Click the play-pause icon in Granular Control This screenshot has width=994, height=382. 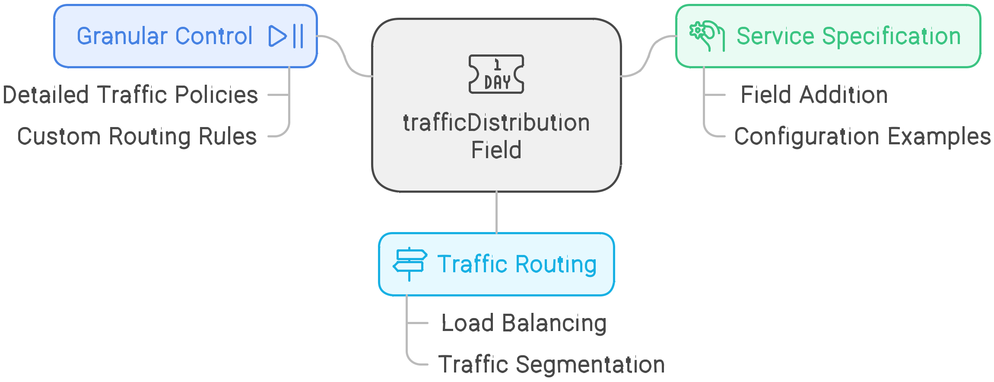point(286,36)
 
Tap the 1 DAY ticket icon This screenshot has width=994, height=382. point(496,74)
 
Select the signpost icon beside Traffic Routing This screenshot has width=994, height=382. point(410,264)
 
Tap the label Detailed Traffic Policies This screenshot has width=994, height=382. point(130,95)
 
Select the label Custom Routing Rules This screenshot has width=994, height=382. point(137,137)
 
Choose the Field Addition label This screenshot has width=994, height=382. point(814,95)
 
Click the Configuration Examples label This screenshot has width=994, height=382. point(863,137)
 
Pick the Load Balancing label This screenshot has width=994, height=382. point(524,323)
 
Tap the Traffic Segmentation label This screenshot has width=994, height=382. point(552,364)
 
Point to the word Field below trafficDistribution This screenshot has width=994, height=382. point(496,150)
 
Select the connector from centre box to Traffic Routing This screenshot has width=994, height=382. point(496,212)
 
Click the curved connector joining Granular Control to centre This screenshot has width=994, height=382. point(345,56)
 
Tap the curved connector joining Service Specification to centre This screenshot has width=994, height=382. point(648,56)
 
